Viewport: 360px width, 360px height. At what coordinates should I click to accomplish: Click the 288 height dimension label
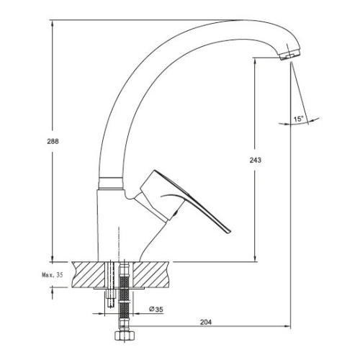53,142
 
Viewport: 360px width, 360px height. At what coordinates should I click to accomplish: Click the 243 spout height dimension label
256,160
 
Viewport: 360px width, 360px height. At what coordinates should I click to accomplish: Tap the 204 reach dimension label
206,322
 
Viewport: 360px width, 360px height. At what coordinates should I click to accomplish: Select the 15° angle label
298,119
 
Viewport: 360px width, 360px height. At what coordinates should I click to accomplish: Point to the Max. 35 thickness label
53,275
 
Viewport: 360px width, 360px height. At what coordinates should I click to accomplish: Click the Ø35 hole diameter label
156,310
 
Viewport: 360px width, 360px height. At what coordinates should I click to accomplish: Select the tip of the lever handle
230,232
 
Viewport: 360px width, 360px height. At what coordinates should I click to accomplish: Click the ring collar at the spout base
109,184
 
